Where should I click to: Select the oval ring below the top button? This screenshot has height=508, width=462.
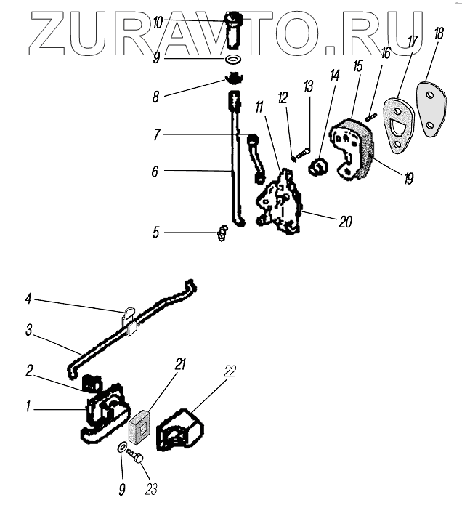click(233, 60)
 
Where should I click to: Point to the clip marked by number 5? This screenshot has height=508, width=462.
click(222, 233)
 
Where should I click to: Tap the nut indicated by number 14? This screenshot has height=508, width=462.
click(317, 169)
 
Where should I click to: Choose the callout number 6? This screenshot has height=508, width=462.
click(155, 172)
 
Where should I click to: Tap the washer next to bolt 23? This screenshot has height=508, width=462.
click(119, 445)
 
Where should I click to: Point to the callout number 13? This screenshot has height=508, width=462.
click(308, 87)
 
